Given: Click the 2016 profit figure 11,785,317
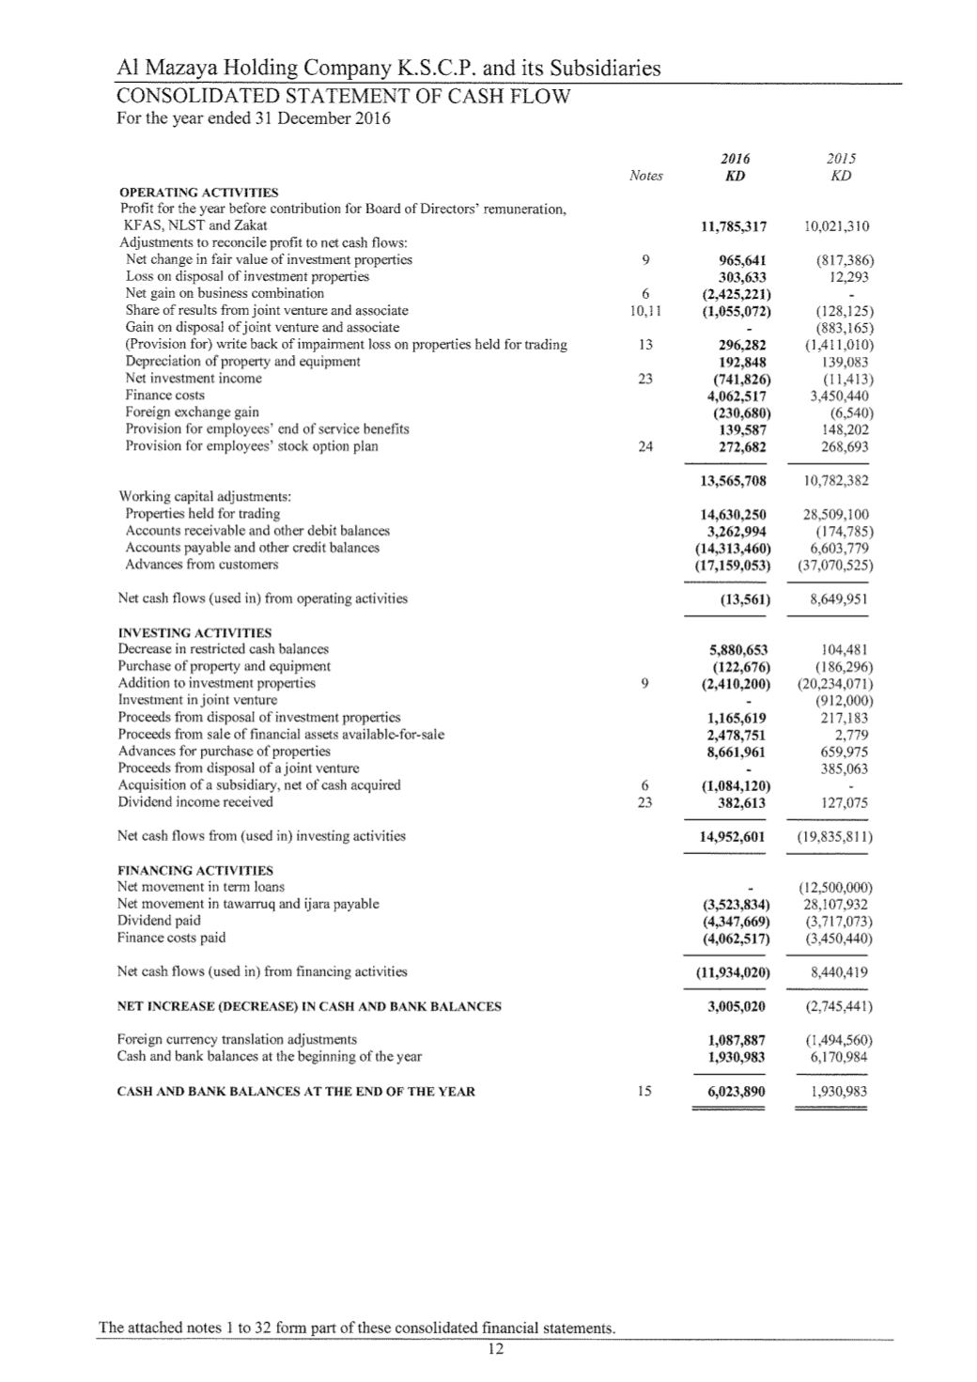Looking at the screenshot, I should click(x=734, y=226).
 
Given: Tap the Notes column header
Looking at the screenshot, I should click(x=645, y=176).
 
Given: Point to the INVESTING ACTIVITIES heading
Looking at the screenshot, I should click(x=194, y=632).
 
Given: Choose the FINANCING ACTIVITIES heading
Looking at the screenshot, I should click(x=195, y=870).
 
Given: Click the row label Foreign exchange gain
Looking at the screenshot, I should click(x=193, y=412).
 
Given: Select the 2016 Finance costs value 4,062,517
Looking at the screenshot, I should click(x=736, y=396).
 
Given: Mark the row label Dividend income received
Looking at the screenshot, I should click(x=195, y=802).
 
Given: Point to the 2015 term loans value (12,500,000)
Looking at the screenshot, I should click(x=835, y=887).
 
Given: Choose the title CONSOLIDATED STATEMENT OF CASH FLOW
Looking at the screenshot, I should click(x=344, y=97).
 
